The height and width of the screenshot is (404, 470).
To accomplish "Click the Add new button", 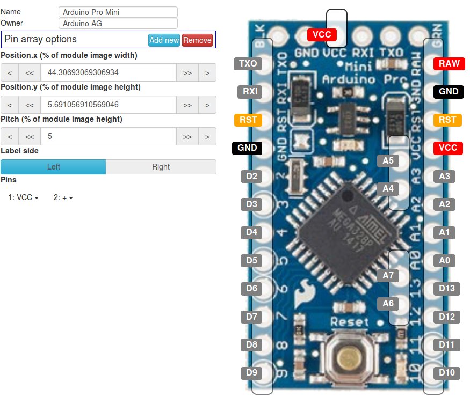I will click(x=164, y=40).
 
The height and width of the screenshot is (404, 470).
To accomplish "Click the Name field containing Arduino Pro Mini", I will click(x=118, y=12).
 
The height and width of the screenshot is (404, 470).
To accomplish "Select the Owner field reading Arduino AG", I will click(x=118, y=24).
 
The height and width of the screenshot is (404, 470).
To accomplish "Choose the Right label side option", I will click(x=161, y=167).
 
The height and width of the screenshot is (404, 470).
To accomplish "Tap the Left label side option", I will click(x=53, y=167).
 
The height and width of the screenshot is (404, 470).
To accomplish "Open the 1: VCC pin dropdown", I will click(x=24, y=197).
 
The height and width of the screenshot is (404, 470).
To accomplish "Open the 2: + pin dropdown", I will click(x=63, y=197).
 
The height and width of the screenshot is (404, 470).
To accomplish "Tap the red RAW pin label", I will click(x=449, y=63).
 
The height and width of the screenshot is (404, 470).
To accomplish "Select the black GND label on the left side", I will click(x=247, y=148).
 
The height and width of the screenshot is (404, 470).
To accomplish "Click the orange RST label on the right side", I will click(x=447, y=120).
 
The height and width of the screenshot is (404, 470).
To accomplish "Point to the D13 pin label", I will click(x=447, y=289).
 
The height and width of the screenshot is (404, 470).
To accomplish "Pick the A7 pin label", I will click(x=388, y=275).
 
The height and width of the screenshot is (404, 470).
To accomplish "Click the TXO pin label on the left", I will click(x=248, y=63).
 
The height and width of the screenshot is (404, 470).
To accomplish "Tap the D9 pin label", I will click(x=251, y=372).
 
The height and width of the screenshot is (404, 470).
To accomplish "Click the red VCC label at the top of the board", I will click(x=322, y=34).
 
